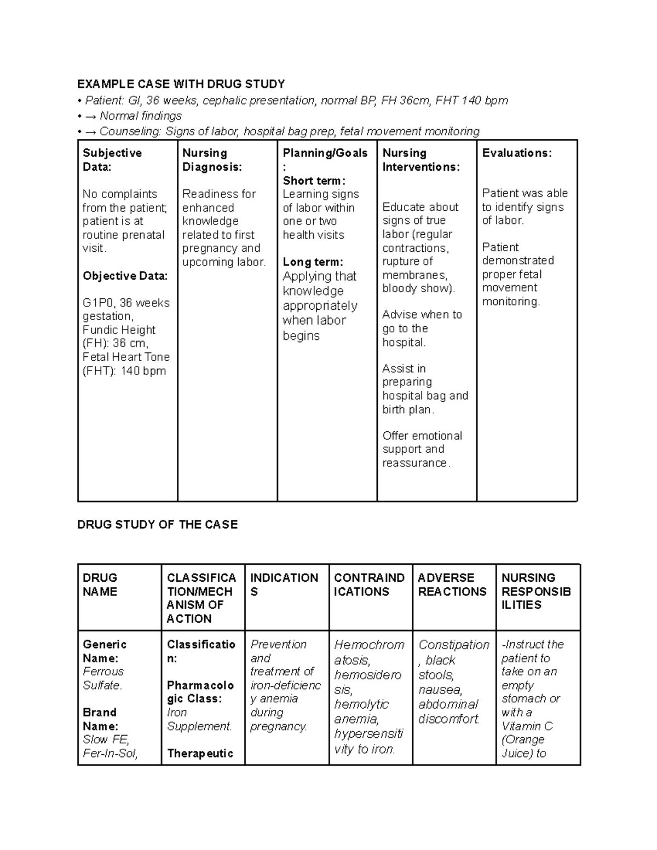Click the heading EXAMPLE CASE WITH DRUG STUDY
(181, 84)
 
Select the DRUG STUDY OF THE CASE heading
(157, 524)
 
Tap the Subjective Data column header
(112, 160)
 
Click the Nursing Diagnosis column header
(212, 160)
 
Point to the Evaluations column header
(516, 153)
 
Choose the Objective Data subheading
(125, 276)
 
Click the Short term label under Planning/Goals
(314, 181)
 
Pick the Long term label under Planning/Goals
(313, 262)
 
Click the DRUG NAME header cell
(100, 585)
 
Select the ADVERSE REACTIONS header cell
(452, 585)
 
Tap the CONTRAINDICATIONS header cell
(369, 585)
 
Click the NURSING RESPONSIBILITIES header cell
(535, 591)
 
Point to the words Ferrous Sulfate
(103, 678)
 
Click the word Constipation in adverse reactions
(453, 645)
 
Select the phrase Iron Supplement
(199, 719)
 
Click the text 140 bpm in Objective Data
(143, 371)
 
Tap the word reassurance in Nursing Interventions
(416, 463)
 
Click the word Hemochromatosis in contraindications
(369, 652)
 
